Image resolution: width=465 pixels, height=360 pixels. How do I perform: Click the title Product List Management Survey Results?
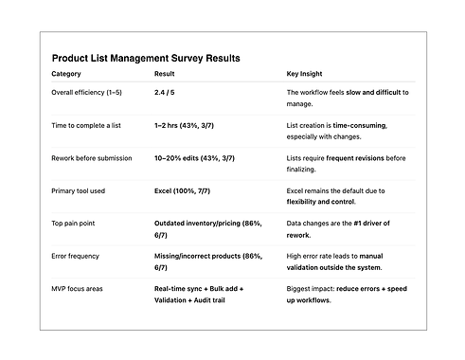(146, 58)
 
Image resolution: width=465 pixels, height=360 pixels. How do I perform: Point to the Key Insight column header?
(308, 74)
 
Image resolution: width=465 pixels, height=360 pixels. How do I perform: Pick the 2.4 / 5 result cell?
(168, 92)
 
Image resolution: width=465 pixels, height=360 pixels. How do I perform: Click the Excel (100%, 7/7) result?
(188, 190)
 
